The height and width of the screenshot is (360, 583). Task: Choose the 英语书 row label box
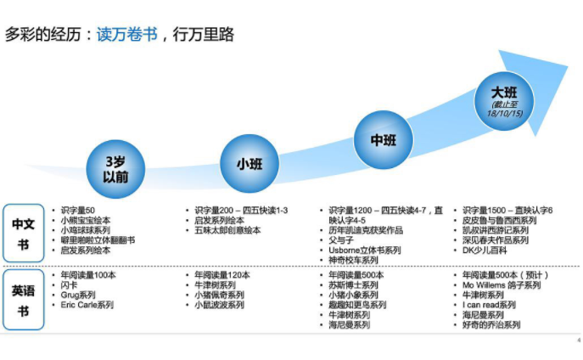24,296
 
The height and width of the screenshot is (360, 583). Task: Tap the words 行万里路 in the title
203,35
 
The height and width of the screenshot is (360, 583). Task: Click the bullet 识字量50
79,210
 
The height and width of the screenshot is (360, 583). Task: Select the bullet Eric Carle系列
87,305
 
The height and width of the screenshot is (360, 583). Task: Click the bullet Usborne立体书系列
365,250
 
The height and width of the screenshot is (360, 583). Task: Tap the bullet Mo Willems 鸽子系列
502,285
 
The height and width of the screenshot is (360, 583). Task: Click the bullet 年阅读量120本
222,275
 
